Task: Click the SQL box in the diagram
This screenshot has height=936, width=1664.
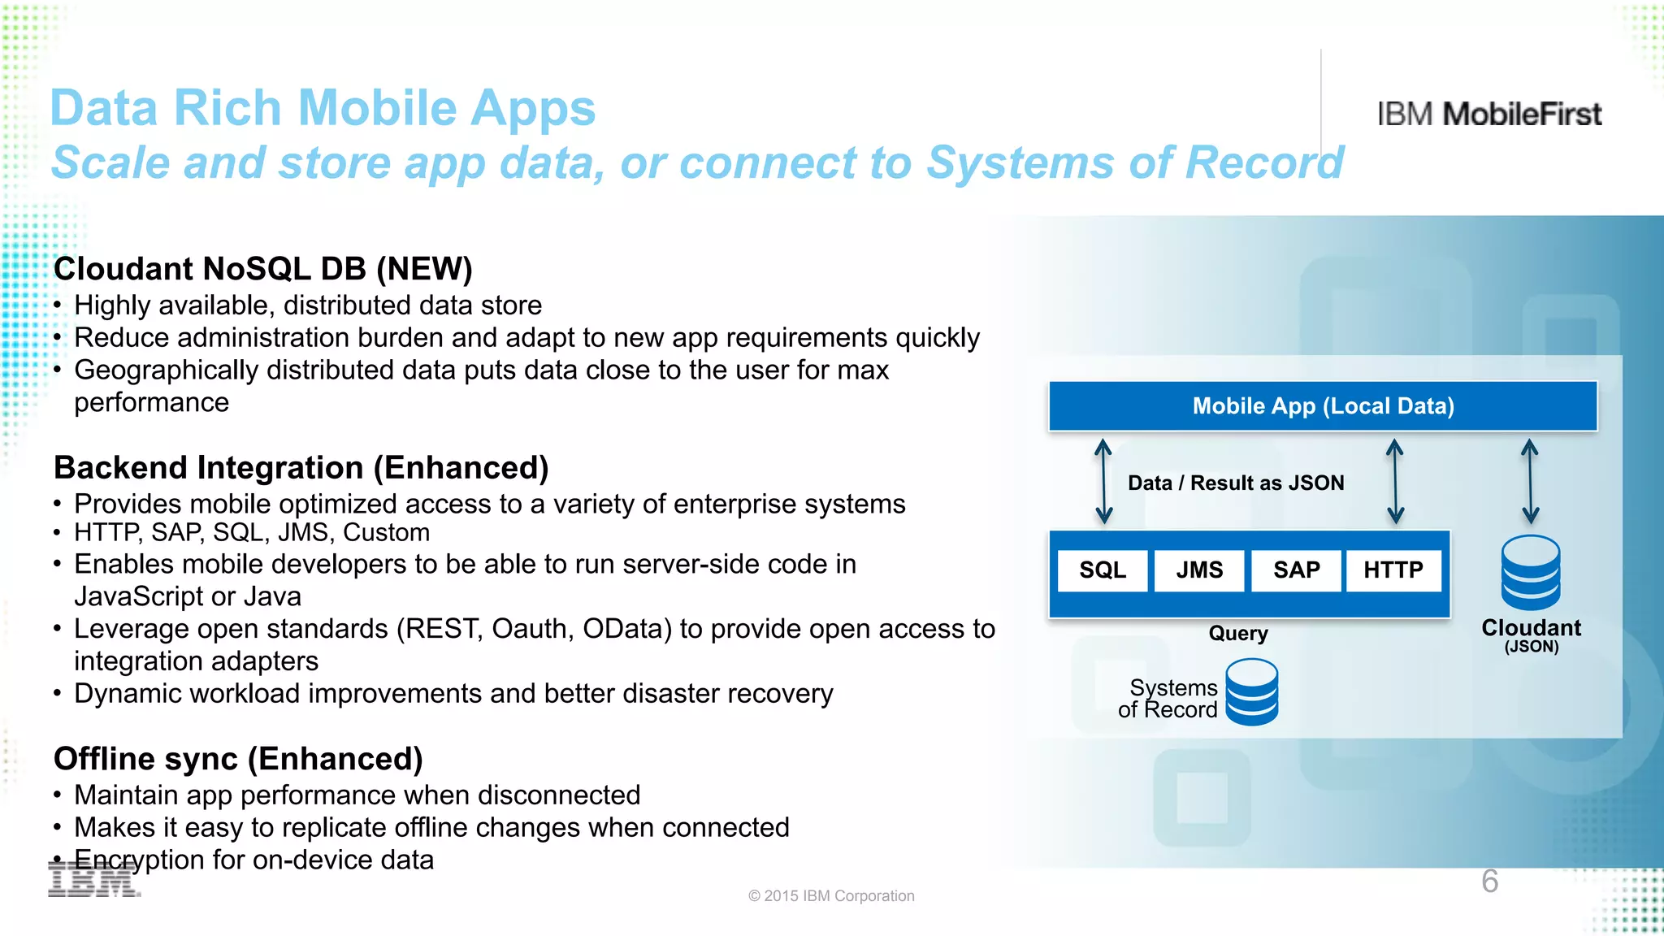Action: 1103,570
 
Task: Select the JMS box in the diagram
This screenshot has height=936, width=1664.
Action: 1199,570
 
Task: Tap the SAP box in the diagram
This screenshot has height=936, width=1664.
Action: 1296,570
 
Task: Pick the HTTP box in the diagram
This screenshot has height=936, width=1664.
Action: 1393,570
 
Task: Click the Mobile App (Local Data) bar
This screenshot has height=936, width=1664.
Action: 1323,406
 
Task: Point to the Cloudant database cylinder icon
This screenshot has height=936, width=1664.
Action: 1531,573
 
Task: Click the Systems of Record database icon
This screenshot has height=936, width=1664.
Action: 1251,692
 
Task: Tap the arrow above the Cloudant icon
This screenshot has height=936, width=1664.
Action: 1530,481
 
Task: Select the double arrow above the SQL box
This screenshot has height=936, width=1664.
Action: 1103,481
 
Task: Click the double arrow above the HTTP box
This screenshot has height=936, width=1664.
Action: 1395,481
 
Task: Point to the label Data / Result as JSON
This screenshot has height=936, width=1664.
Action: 1236,483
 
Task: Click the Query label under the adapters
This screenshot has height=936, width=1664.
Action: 1238,633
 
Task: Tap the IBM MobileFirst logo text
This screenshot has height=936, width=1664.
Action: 1489,115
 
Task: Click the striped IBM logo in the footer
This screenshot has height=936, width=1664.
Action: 94,881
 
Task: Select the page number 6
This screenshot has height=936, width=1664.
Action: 1489,882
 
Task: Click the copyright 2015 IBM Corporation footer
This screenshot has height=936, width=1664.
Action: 831,896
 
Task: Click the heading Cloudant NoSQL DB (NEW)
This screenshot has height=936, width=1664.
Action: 262,269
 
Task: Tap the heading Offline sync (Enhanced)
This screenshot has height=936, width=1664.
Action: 238,759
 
